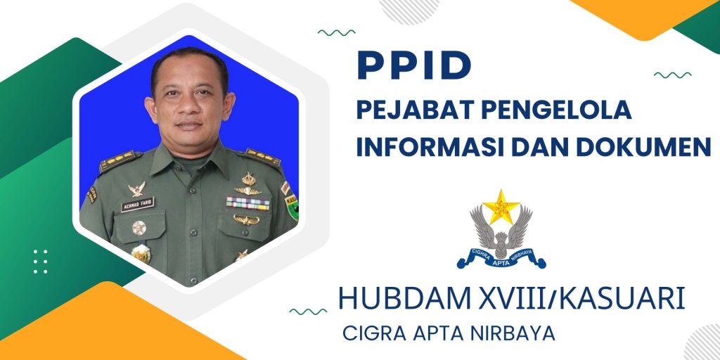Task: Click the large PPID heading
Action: point(414,65)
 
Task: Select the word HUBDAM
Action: point(404,298)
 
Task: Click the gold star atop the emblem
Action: point(501,207)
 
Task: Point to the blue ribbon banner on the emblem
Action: point(501,258)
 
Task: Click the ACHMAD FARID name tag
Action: point(137,205)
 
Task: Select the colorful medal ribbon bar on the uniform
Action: point(248,203)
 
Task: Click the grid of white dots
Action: point(40,262)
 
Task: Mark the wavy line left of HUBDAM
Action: point(308,311)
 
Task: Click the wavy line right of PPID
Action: point(673,75)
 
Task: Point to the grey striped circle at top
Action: point(409,9)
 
